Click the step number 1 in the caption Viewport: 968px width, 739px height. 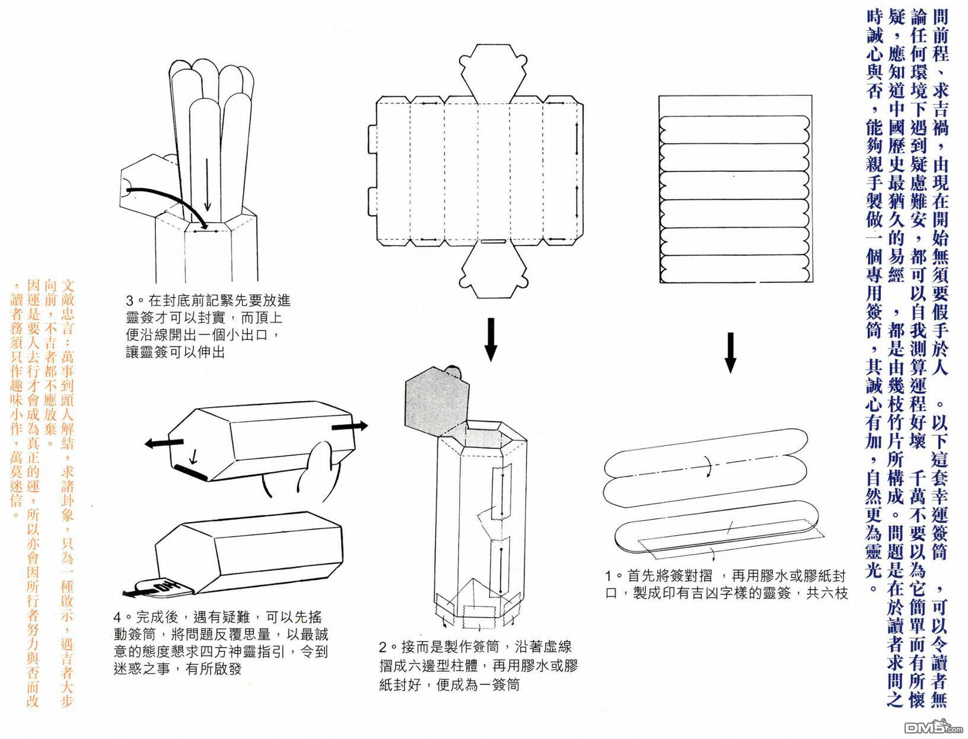[x=609, y=575]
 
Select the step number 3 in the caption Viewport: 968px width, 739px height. [x=130, y=301]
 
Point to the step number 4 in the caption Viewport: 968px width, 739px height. [x=118, y=618]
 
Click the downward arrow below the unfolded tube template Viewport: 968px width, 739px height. [x=490, y=339]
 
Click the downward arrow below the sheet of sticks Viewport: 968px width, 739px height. [x=731, y=352]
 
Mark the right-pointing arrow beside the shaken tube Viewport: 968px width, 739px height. [x=349, y=426]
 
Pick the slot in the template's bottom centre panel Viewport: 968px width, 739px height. [x=492, y=241]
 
